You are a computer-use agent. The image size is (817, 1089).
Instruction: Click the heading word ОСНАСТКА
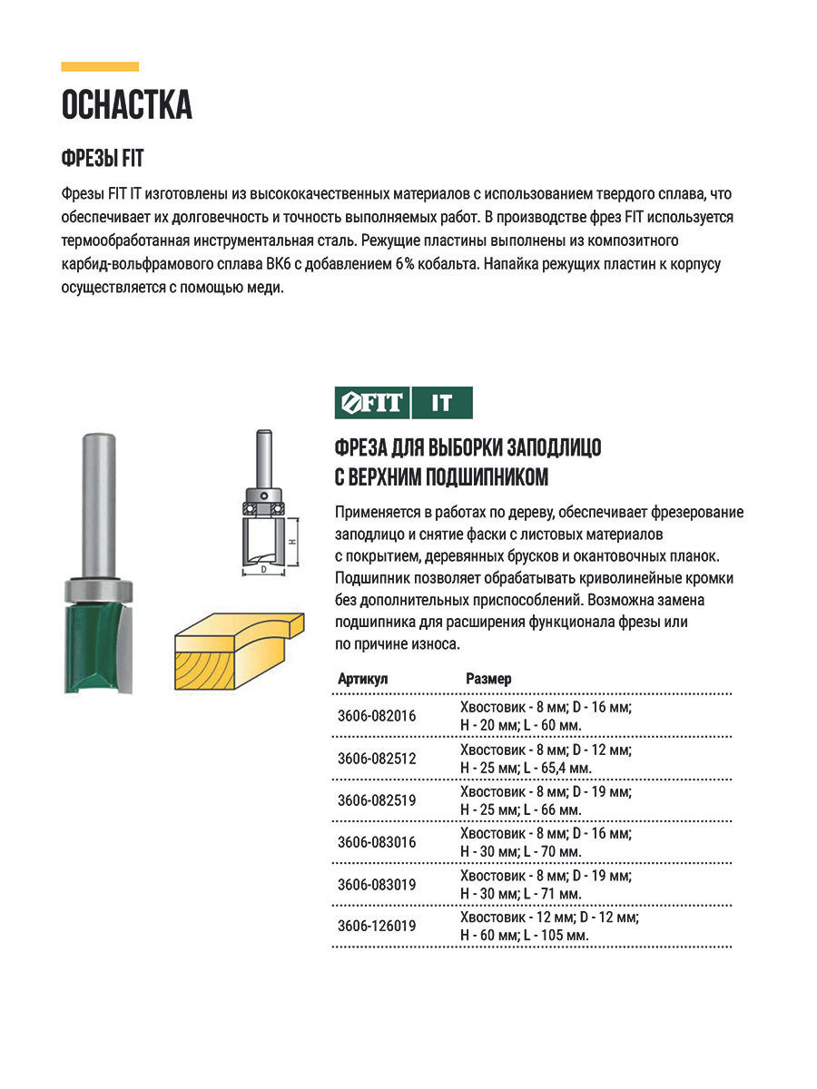click(x=126, y=106)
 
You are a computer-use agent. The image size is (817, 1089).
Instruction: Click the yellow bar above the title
click(x=100, y=66)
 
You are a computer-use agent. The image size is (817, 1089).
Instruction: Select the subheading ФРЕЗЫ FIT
click(x=103, y=158)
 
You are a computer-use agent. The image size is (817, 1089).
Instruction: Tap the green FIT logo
click(x=370, y=403)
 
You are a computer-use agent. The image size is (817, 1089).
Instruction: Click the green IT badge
click(x=441, y=403)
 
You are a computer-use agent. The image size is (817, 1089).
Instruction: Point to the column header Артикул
click(x=362, y=679)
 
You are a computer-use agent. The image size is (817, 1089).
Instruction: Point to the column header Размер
click(x=488, y=679)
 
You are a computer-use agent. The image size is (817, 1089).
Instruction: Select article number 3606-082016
click(x=376, y=716)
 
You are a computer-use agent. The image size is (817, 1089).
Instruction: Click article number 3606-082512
click(x=376, y=759)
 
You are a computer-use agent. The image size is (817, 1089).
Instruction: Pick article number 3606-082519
click(x=376, y=800)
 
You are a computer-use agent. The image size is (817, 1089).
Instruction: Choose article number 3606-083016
click(x=376, y=842)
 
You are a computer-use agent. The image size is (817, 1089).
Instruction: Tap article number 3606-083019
click(x=376, y=884)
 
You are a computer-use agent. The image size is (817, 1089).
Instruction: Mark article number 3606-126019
click(x=376, y=926)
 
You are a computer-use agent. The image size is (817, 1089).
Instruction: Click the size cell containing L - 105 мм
click(x=548, y=927)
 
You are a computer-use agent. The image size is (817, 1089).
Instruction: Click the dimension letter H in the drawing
click(x=292, y=541)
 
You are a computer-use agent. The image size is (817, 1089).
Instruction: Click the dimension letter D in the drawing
click(x=263, y=570)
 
